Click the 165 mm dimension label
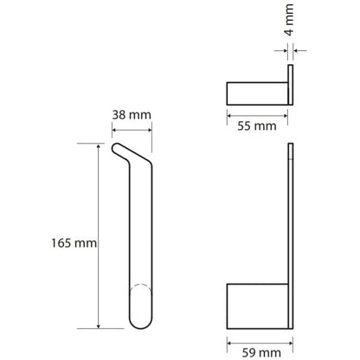[74, 243]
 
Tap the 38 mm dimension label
[132, 115]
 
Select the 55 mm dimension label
[257, 126]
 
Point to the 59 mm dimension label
[261, 353]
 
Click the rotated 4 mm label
[289, 20]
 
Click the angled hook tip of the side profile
[116, 148]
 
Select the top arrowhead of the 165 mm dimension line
[99, 146]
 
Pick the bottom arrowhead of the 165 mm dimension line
[99, 325]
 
